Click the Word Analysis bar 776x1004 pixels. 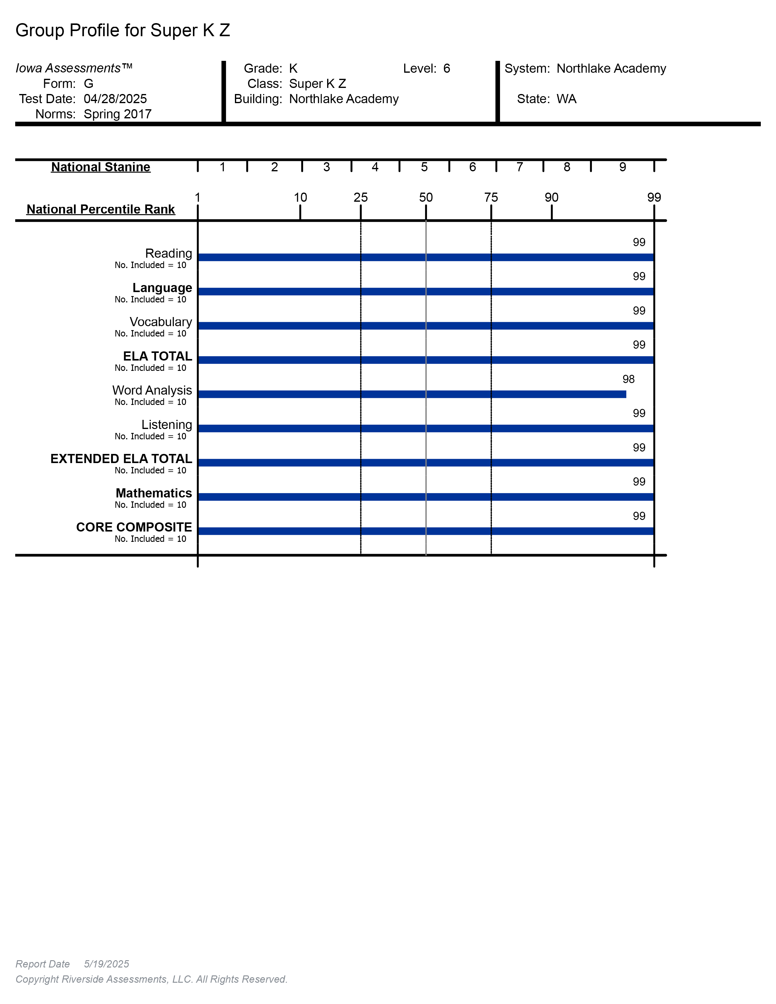click(x=412, y=394)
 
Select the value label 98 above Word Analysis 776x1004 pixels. click(x=628, y=379)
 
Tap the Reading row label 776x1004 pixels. click(x=168, y=253)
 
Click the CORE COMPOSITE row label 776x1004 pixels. click(x=134, y=527)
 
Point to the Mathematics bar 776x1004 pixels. click(x=426, y=497)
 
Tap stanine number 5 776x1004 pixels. click(x=424, y=167)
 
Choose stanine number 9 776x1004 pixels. click(x=622, y=167)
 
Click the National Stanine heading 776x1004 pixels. click(x=101, y=167)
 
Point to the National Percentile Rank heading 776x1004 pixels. click(x=101, y=209)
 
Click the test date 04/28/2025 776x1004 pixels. click(x=115, y=99)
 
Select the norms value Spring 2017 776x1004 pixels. click(x=118, y=114)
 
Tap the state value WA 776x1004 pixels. click(x=566, y=99)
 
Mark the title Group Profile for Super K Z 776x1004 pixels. click(x=123, y=30)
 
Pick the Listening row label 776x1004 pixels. click(x=166, y=424)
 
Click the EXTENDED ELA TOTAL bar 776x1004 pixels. click(x=426, y=462)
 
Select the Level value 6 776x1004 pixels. click(x=446, y=68)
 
